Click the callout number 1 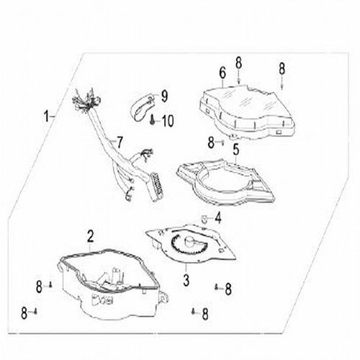[47, 116]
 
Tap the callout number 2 [90, 236]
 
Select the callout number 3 [186, 280]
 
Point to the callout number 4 [218, 218]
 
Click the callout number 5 [236, 149]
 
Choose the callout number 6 [222, 73]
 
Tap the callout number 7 [120, 142]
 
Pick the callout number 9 [164, 96]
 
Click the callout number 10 [168, 121]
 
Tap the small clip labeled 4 [204, 219]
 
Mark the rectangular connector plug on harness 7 [157, 186]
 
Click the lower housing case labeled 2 [110, 283]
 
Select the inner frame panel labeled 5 [225, 182]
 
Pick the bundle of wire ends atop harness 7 [86, 101]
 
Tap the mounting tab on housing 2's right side [165, 297]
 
